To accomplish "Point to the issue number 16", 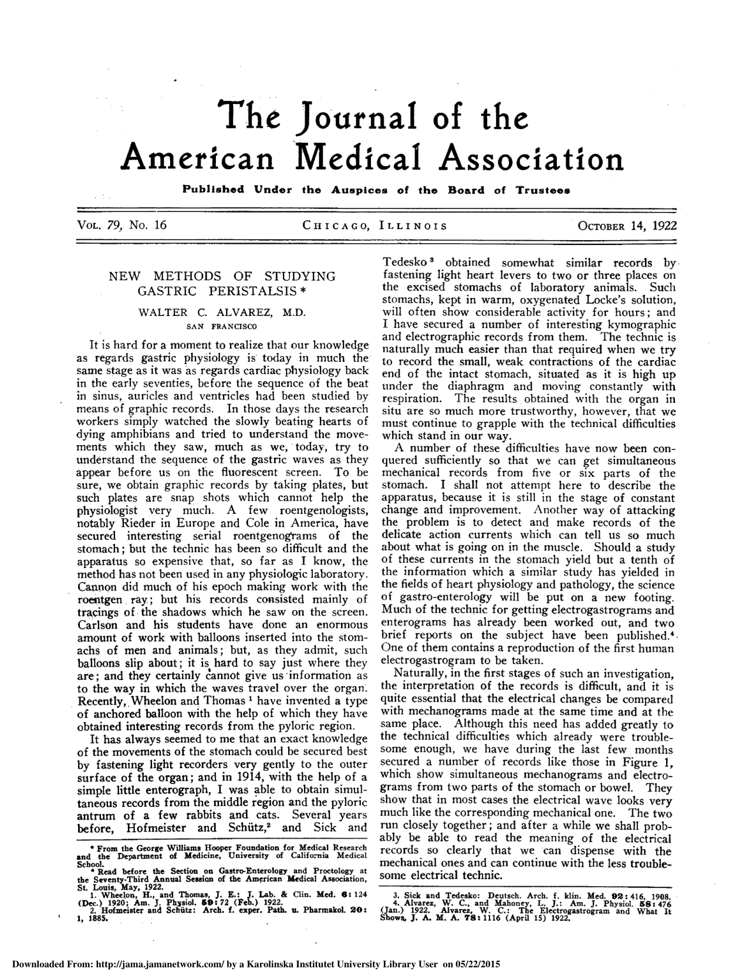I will [x=160, y=225].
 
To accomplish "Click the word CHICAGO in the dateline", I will [x=335, y=226].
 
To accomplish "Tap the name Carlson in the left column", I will [x=98, y=624].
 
